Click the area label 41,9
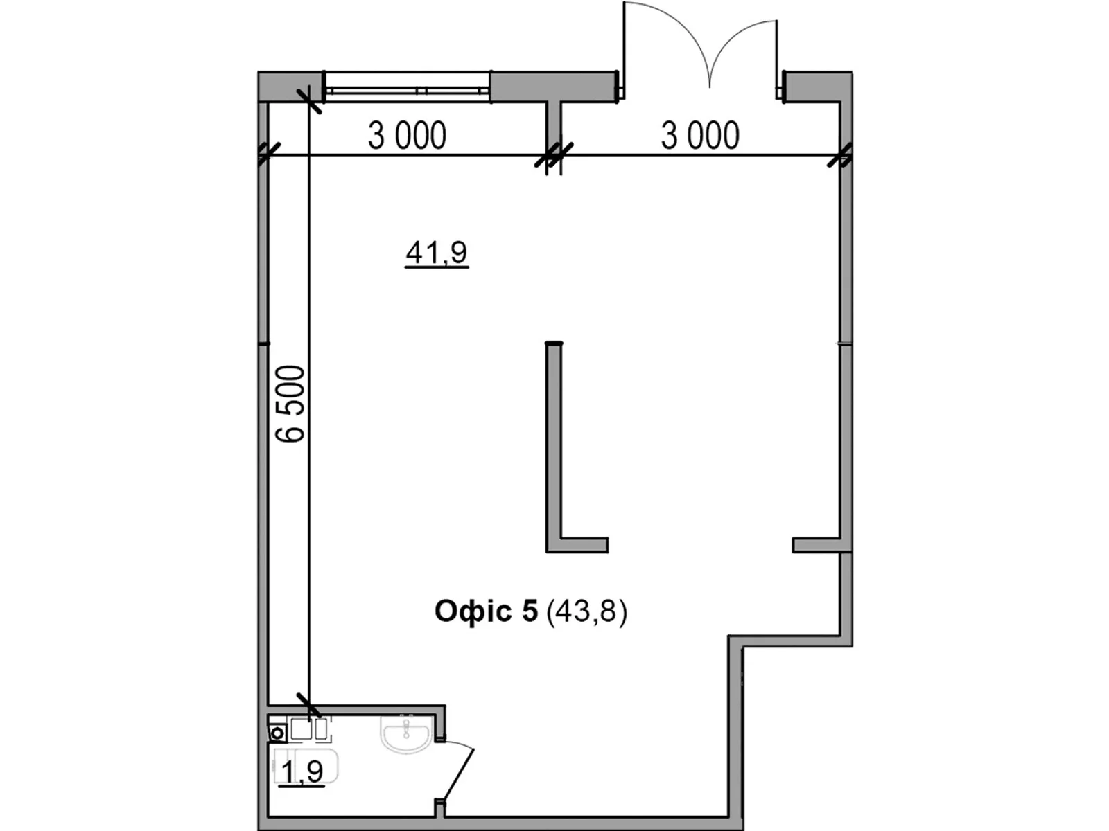click(x=437, y=253)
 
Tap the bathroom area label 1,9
click(x=303, y=771)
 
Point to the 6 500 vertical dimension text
click(x=290, y=404)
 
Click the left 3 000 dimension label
click(x=407, y=136)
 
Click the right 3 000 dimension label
click(x=700, y=136)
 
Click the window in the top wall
click(x=408, y=89)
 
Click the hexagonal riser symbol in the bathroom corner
click(x=278, y=733)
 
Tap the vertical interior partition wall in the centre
click(x=554, y=443)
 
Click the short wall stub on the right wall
click(x=818, y=546)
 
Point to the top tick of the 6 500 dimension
click(x=309, y=101)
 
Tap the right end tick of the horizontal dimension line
click(x=840, y=155)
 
